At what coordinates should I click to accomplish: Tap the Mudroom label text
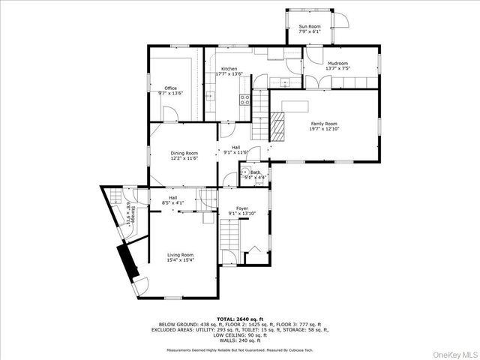click(x=337, y=66)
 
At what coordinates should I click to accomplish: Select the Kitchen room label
click(x=229, y=71)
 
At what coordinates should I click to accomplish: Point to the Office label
click(x=171, y=91)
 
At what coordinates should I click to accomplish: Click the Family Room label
click(x=325, y=126)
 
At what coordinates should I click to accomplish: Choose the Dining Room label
click(x=184, y=155)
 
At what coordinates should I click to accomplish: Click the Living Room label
click(x=181, y=257)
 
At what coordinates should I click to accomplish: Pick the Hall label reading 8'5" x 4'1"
click(x=173, y=200)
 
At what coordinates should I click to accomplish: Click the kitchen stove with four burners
click(x=244, y=99)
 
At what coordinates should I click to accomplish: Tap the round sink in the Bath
click(x=245, y=174)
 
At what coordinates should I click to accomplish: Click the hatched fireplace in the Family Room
click(x=278, y=127)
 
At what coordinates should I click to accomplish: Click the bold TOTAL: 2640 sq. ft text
click(x=240, y=319)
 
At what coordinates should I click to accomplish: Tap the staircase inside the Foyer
click(x=230, y=241)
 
